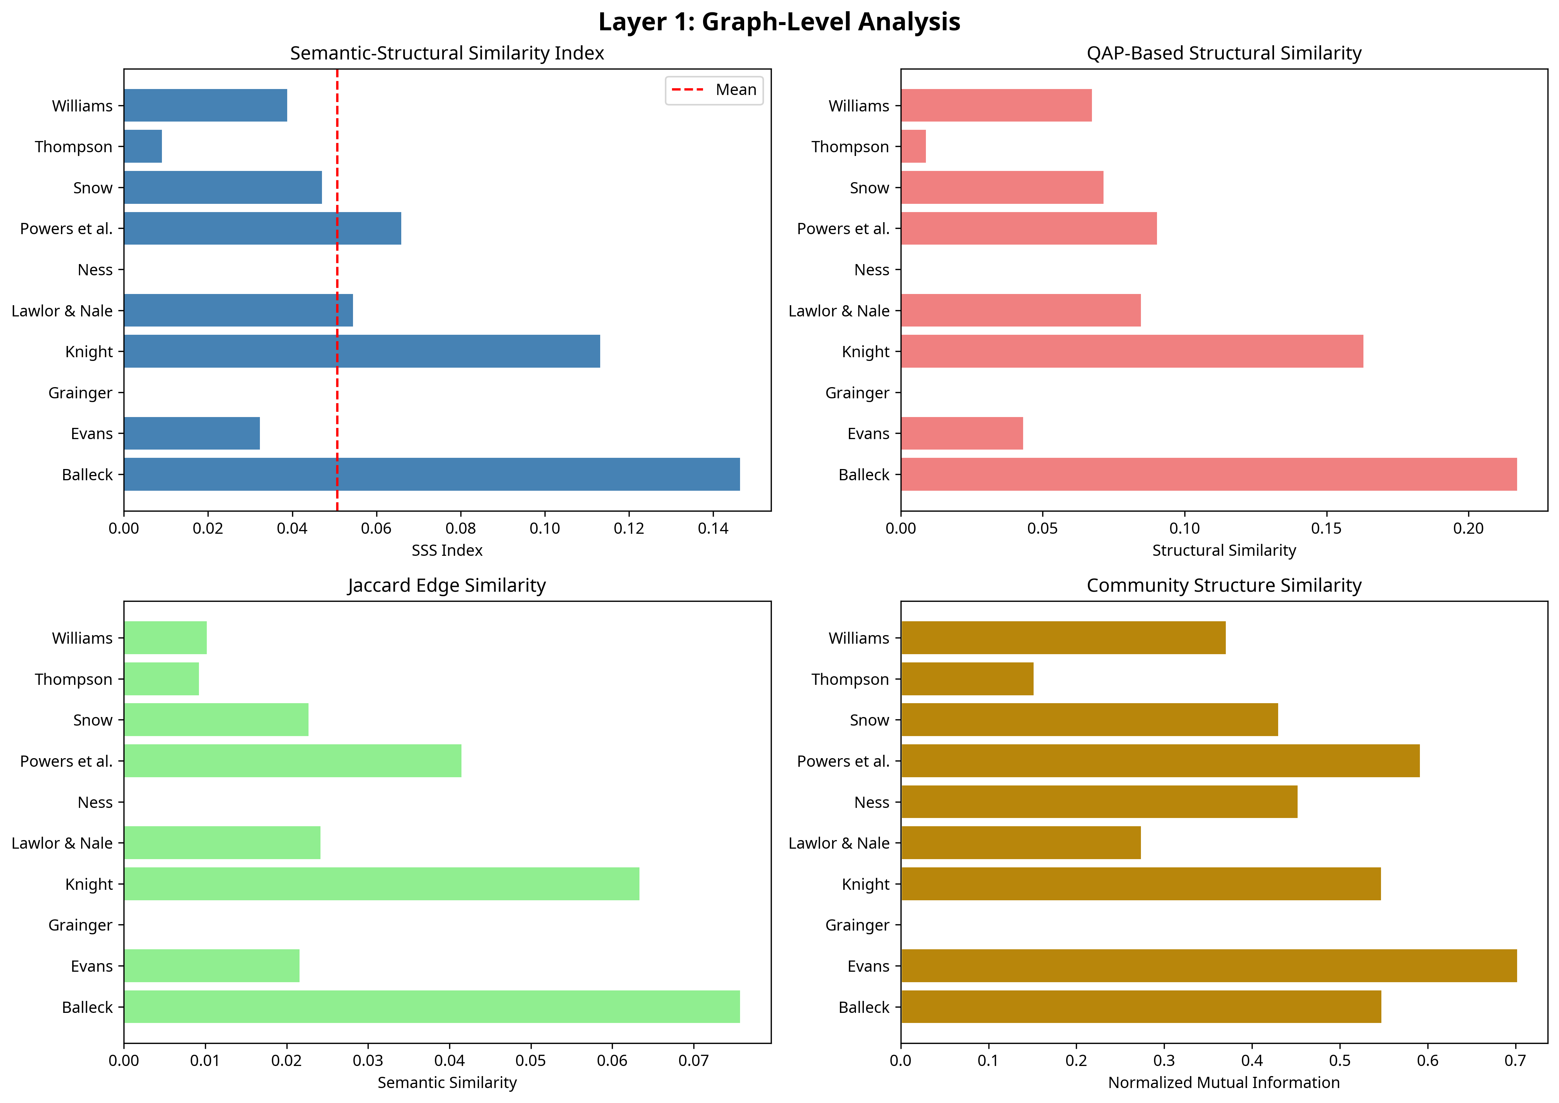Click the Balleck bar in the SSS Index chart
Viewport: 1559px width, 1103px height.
tap(432, 474)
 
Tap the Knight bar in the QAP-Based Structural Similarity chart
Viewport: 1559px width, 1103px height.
tap(1132, 351)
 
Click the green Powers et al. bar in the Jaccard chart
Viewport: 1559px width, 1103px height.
tap(293, 761)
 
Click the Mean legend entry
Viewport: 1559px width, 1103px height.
tap(713, 90)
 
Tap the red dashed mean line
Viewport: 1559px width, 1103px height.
tap(337, 290)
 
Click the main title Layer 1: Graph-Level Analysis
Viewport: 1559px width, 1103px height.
tap(779, 22)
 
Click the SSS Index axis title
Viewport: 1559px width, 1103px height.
tap(447, 550)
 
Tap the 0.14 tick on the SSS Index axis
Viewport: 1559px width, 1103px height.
tap(713, 528)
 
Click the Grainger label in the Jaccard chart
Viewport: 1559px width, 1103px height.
tap(80, 925)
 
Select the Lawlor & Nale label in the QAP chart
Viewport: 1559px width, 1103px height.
tap(838, 310)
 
